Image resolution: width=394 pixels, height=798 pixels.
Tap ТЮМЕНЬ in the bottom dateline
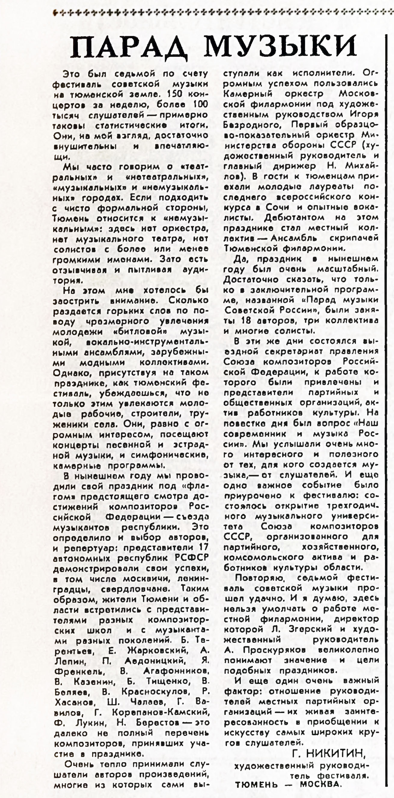pyautogui.click(x=257, y=784)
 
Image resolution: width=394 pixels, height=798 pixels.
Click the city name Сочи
pyautogui.click(x=277, y=207)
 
